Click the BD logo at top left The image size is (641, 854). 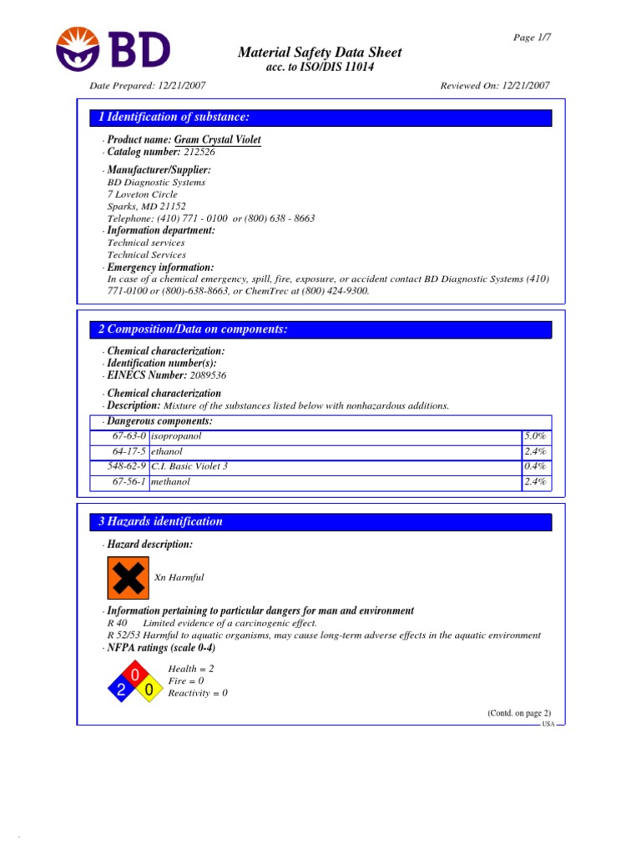click(x=113, y=48)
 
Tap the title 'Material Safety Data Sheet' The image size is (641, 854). click(x=320, y=53)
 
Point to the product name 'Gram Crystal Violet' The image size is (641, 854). click(x=218, y=140)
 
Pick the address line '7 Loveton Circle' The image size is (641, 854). click(x=143, y=194)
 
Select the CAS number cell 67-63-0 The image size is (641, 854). click(x=129, y=436)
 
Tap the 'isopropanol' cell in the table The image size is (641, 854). click(x=176, y=436)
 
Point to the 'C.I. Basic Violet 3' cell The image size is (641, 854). click(x=189, y=466)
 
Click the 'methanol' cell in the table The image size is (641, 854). click(x=170, y=482)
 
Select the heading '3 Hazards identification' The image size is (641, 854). click(x=161, y=522)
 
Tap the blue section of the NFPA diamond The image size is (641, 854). click(x=121, y=690)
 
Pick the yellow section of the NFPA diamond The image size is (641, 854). click(x=149, y=690)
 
